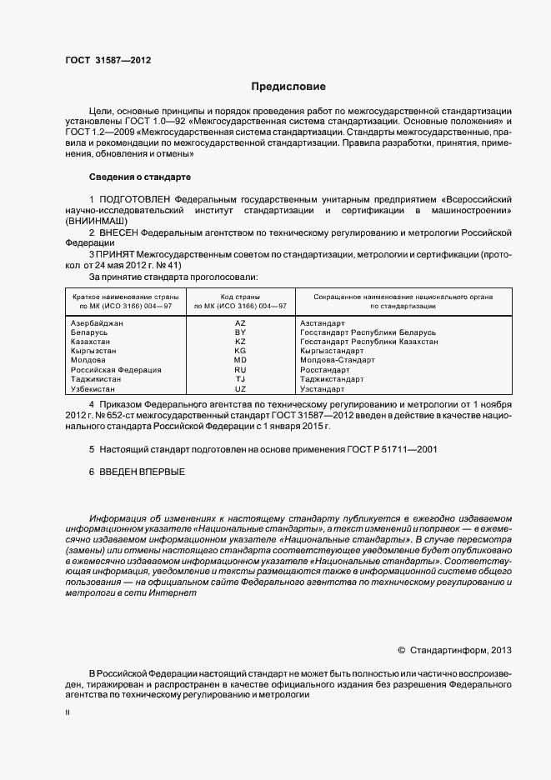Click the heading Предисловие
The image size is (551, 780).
coord(288,87)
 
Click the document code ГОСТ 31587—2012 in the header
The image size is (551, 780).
coord(108,60)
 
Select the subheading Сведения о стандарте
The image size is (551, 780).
coord(140,177)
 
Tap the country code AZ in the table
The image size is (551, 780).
coord(240,322)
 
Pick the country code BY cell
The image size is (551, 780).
coord(240,332)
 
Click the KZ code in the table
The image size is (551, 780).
coord(240,342)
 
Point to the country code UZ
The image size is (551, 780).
coord(240,389)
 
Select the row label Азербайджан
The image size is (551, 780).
coord(97,322)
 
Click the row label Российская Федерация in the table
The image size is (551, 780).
coord(116,370)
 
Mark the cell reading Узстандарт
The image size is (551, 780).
coord(322,389)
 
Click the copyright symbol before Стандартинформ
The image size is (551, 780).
coord(401,649)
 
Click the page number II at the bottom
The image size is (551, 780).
coord(68,714)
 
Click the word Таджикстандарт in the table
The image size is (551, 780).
coord(332,379)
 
